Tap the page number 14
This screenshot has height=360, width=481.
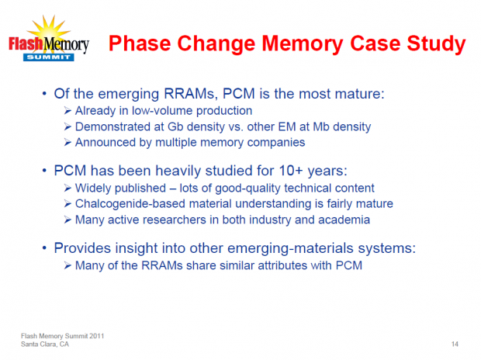tap(454, 342)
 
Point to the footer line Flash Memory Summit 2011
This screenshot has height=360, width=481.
tap(62, 334)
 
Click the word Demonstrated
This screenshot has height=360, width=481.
tap(110, 126)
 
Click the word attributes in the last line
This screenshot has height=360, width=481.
tap(270, 265)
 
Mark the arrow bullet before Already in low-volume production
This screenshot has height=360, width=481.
tap(68, 112)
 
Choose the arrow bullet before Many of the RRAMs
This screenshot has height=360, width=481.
tap(68, 265)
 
